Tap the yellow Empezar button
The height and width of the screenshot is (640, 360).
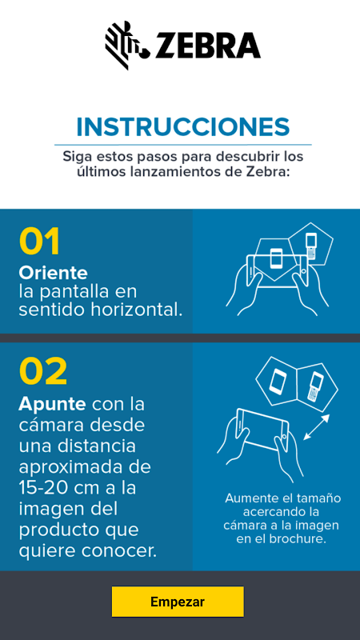coord(178,602)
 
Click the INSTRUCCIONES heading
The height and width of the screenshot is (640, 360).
coord(183,127)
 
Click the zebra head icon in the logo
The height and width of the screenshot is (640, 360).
coord(127,45)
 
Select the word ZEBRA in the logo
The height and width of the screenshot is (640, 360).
coord(208,46)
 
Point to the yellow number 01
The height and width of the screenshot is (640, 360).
coord(39,242)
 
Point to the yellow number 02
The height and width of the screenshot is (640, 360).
coord(43,371)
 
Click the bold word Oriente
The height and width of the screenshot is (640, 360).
coord(53,273)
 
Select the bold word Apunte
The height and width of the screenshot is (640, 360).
coord(52,405)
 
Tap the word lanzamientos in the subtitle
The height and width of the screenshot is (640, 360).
coord(170,172)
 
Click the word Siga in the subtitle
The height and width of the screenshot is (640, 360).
coord(75,157)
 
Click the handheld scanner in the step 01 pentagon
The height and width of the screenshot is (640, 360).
coord(311,246)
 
